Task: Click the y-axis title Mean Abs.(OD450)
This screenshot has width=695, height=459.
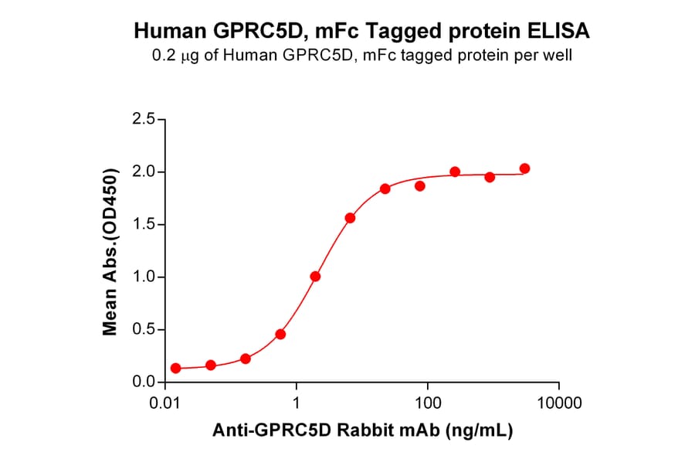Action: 110,251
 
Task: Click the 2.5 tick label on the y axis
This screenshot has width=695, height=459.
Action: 144,120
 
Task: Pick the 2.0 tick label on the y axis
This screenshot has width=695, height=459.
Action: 144,172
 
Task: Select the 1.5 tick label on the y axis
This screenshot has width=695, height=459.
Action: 144,225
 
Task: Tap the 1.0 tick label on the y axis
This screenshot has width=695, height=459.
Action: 144,277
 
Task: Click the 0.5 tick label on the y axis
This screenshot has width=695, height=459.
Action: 144,330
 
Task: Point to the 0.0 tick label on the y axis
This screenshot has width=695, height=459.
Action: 144,382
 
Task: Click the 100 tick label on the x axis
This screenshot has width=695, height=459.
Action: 428,404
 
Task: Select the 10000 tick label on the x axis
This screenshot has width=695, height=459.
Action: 558,404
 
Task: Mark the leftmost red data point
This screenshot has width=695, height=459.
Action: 176,369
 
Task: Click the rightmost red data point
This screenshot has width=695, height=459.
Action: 525,168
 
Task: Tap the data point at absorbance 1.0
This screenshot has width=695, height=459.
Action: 315,277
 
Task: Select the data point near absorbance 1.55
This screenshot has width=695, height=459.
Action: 350,218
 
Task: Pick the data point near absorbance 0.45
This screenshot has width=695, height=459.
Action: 280,335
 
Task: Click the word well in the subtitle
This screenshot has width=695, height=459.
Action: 558,56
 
